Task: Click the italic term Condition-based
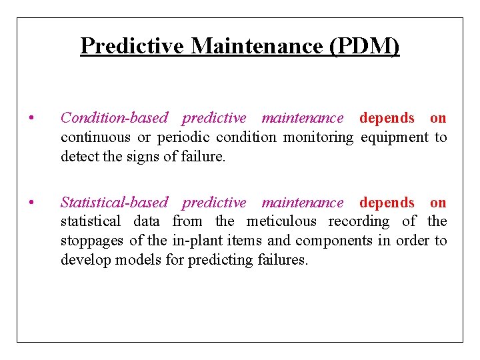point(114,118)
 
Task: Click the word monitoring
point(319,137)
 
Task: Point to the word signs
point(135,157)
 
